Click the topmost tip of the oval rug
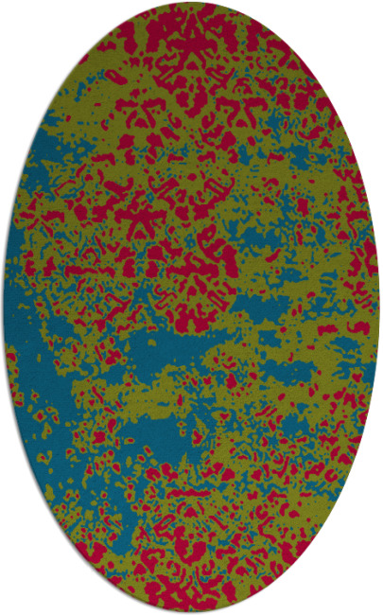pyautogui.click(x=191, y=3)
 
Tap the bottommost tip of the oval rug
pyautogui.click(x=191, y=611)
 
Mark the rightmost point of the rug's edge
pyautogui.click(x=379, y=307)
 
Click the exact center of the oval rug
pyautogui.click(x=191, y=307)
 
